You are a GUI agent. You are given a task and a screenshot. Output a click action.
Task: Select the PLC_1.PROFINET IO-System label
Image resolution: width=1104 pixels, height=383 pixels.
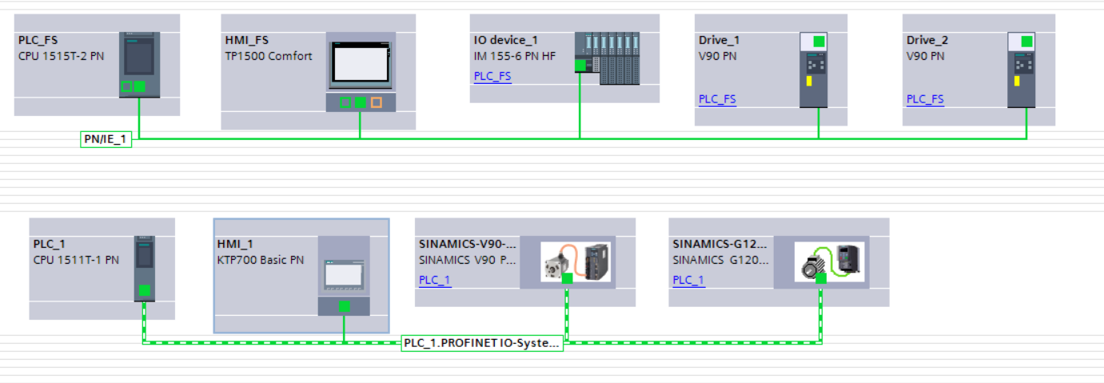(482, 343)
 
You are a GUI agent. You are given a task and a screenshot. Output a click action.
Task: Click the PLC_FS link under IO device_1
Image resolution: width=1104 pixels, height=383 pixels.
(492, 77)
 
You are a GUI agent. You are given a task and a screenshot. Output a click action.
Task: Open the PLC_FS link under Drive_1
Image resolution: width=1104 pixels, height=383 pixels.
(717, 99)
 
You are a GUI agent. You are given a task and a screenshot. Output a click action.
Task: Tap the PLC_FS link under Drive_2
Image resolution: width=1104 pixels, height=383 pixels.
(925, 99)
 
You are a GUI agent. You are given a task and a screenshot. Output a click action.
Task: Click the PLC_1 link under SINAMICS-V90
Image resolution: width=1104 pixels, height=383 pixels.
(435, 280)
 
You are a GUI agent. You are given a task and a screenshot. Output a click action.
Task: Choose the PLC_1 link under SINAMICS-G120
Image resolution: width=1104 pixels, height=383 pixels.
(688, 280)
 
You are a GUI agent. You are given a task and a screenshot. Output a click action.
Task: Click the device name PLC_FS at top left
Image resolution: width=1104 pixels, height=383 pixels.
(38, 40)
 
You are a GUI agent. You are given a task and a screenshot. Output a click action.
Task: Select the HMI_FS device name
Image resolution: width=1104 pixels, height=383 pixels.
(246, 40)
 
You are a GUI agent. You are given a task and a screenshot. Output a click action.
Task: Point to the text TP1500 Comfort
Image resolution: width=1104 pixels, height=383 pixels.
(269, 56)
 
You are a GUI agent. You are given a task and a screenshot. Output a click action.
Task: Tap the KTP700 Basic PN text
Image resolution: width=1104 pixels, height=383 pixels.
(261, 260)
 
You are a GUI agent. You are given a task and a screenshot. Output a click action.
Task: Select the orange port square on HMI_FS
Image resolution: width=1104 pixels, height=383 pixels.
(377, 102)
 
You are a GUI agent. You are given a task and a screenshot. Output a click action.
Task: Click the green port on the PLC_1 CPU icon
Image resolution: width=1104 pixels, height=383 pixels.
(144, 290)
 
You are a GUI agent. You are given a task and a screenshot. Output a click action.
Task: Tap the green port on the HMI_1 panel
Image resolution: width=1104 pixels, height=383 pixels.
(344, 305)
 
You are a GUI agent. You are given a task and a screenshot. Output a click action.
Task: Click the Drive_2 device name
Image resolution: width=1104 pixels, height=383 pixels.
(927, 40)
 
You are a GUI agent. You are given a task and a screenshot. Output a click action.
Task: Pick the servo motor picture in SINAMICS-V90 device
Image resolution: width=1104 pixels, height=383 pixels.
(557, 261)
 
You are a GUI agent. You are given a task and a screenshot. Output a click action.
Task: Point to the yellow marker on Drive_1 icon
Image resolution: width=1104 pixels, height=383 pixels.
(809, 82)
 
